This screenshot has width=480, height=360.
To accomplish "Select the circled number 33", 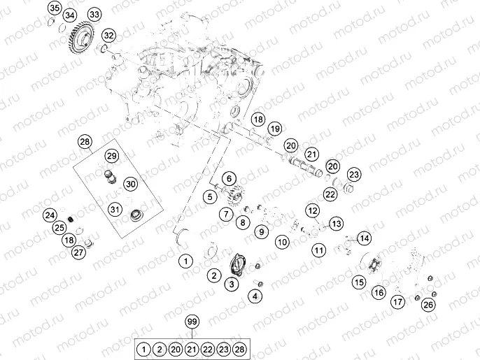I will coord(94,15).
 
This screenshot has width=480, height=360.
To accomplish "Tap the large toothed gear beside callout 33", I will coord(82,38).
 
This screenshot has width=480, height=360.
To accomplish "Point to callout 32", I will coord(108,35).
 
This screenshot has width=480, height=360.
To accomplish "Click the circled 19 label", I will coord(275,129).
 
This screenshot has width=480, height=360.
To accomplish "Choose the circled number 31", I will coord(115,208).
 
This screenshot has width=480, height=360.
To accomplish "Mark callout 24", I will coord(49,215).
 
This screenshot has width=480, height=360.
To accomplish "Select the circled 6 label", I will coord(231,180).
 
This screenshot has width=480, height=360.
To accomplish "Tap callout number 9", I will coord(260,231).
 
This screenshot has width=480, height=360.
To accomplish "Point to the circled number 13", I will coord(337,224).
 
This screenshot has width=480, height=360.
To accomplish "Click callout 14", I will coord(364,238).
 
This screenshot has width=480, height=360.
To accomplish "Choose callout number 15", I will coord(359,282).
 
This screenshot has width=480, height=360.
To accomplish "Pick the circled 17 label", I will coord(397,302).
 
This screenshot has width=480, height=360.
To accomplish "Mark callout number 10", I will coord(282,243).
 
